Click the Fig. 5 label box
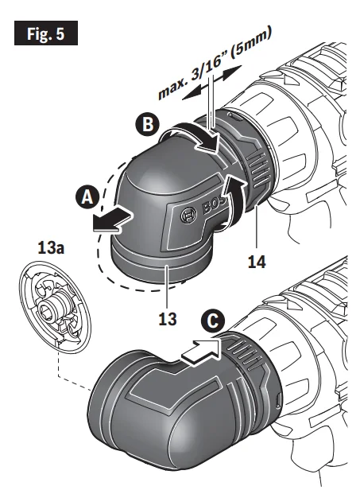pos(46,33)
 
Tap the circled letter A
pos(87,197)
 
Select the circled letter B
pos(147,124)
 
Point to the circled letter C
pos(213,321)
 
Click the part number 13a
pos(51,248)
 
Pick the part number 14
pos(257,262)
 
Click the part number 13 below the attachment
pos(168,319)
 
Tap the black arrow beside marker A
pos(112,220)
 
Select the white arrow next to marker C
pos(201,352)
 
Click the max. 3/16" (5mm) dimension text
pos(215,62)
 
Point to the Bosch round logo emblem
pos(189,216)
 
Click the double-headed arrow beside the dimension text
pos(212,83)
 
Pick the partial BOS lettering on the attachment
pos(215,205)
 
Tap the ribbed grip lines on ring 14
pos(259,170)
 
